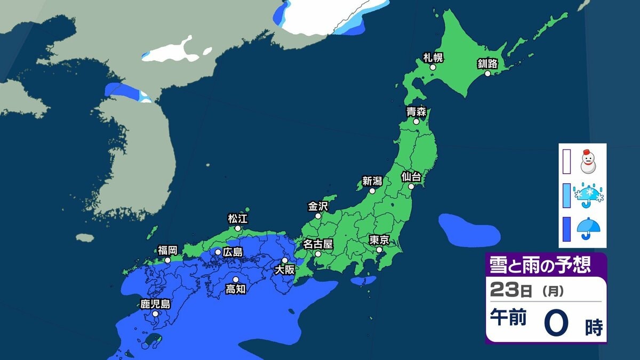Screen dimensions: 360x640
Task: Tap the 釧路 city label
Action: pyautogui.click(x=487, y=64)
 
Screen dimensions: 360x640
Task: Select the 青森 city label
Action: pyautogui.click(x=415, y=112)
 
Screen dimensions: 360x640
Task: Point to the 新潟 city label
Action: pyautogui.click(x=372, y=181)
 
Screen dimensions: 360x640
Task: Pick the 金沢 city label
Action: pyautogui.click(x=318, y=206)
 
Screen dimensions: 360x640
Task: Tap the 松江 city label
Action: pyautogui.click(x=238, y=218)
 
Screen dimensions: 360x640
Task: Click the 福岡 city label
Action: pyautogui.click(x=167, y=250)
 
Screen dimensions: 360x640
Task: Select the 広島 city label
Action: pyautogui.click(x=233, y=251)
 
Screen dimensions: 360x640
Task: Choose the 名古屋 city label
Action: pyautogui.click(x=318, y=244)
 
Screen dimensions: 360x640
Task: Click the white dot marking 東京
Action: pyautogui.click(x=379, y=250)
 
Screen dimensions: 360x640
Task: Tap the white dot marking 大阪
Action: pyautogui.click(x=285, y=260)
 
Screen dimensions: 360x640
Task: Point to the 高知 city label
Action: pyautogui.click(x=235, y=289)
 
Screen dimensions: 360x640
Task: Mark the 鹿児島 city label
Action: pyautogui.click(x=155, y=305)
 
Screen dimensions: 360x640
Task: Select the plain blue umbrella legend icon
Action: pyautogui.click(x=589, y=228)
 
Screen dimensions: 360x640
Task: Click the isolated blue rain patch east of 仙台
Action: pyautogui.click(x=468, y=228)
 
